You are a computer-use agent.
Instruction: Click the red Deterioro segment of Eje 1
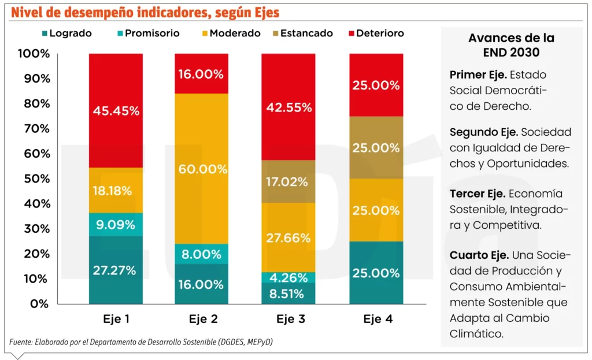(116, 110)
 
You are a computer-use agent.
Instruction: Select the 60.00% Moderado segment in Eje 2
(202, 169)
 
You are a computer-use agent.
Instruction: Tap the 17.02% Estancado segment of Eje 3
(289, 181)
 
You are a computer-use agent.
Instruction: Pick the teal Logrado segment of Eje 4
(376, 272)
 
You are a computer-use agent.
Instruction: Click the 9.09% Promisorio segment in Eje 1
(116, 224)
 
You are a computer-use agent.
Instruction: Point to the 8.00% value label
(202, 254)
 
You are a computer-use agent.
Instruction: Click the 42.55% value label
(289, 107)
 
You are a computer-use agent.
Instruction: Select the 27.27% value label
(116, 270)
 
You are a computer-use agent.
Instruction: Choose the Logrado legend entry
(66, 34)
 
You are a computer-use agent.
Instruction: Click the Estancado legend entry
(301, 34)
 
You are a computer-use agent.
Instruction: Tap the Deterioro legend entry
(375, 34)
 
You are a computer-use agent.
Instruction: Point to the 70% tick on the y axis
(36, 129)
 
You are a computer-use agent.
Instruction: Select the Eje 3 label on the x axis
(289, 319)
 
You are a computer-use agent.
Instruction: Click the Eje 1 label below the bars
(116, 319)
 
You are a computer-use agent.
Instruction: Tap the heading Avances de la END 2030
(511, 45)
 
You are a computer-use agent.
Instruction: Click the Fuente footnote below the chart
(141, 342)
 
